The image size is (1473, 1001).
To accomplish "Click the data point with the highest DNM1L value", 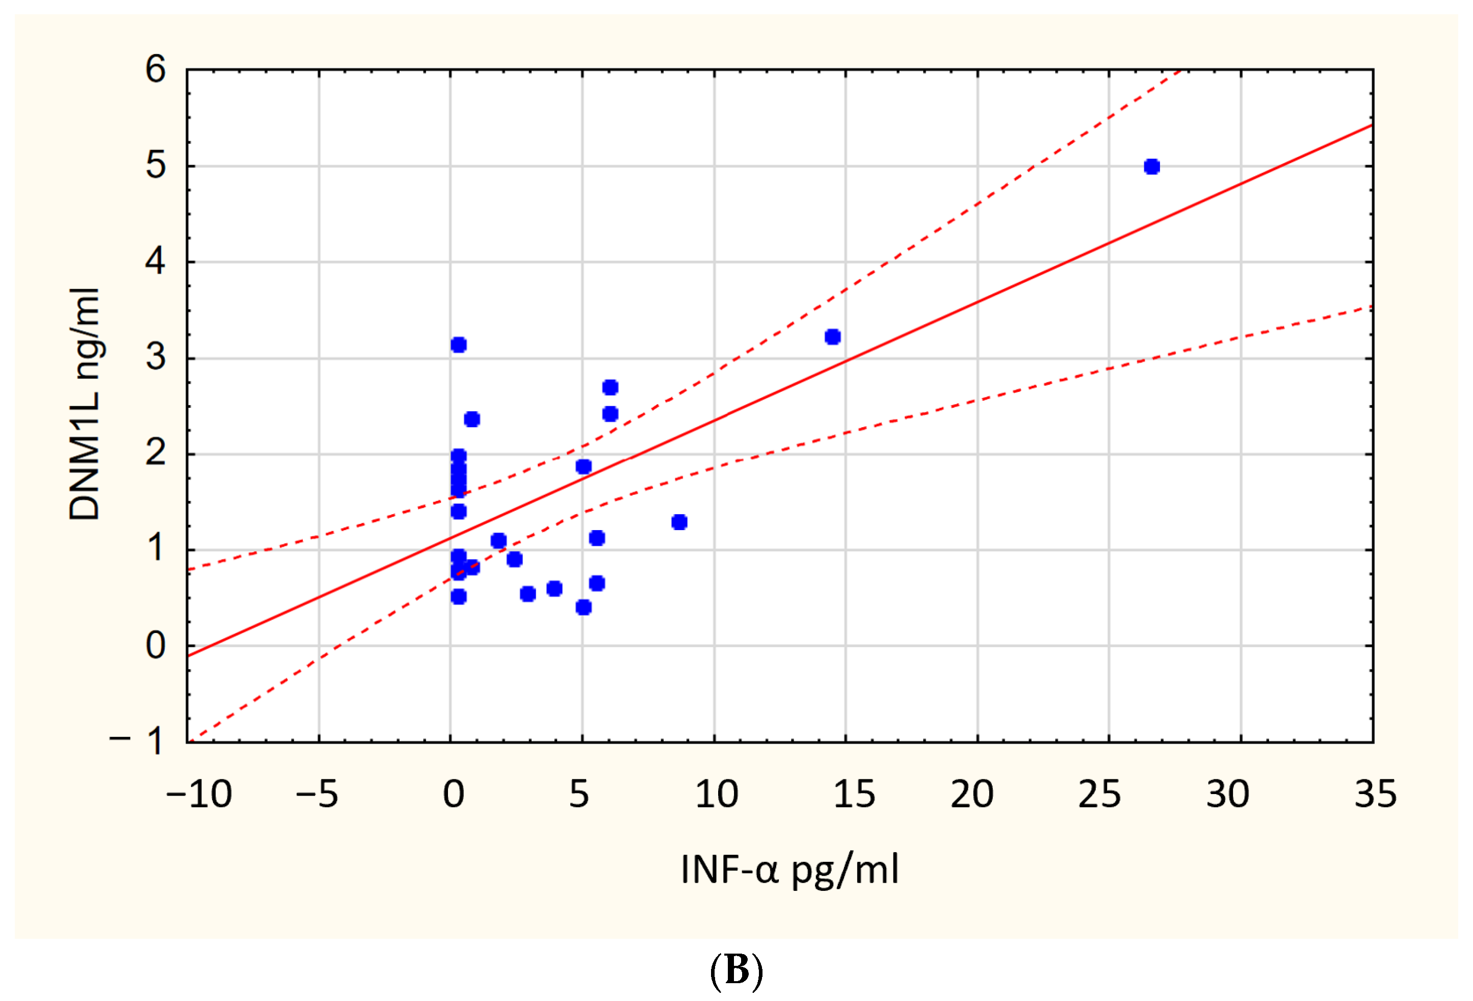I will pyautogui.click(x=1152, y=167).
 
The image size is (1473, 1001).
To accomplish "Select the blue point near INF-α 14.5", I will pyautogui.click(x=833, y=336).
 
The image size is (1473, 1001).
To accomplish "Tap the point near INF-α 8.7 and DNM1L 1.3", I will pyautogui.click(x=679, y=522).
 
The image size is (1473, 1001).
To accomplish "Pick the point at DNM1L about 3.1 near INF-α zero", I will pyautogui.click(x=458, y=345).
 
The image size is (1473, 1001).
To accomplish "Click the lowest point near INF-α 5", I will pyautogui.click(x=583, y=608).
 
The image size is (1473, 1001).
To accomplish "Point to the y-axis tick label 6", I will pyautogui.click(x=155, y=69).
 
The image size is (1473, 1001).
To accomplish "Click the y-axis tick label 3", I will pyautogui.click(x=155, y=358).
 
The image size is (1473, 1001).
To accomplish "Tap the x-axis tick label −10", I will pyautogui.click(x=199, y=795).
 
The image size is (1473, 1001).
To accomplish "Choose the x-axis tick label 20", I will pyautogui.click(x=971, y=795).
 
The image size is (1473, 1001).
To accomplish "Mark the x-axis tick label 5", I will pyautogui.click(x=578, y=795).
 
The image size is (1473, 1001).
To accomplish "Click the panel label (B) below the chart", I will pyautogui.click(x=736, y=969).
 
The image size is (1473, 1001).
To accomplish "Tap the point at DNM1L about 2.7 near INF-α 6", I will pyautogui.click(x=610, y=387).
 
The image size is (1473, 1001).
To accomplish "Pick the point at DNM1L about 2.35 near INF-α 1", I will pyautogui.click(x=471, y=419).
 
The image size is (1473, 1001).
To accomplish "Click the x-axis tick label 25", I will pyautogui.click(x=1100, y=795).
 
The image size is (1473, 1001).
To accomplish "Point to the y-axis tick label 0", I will pyautogui.click(x=155, y=646).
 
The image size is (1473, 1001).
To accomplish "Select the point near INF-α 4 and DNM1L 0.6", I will pyautogui.click(x=554, y=588).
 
